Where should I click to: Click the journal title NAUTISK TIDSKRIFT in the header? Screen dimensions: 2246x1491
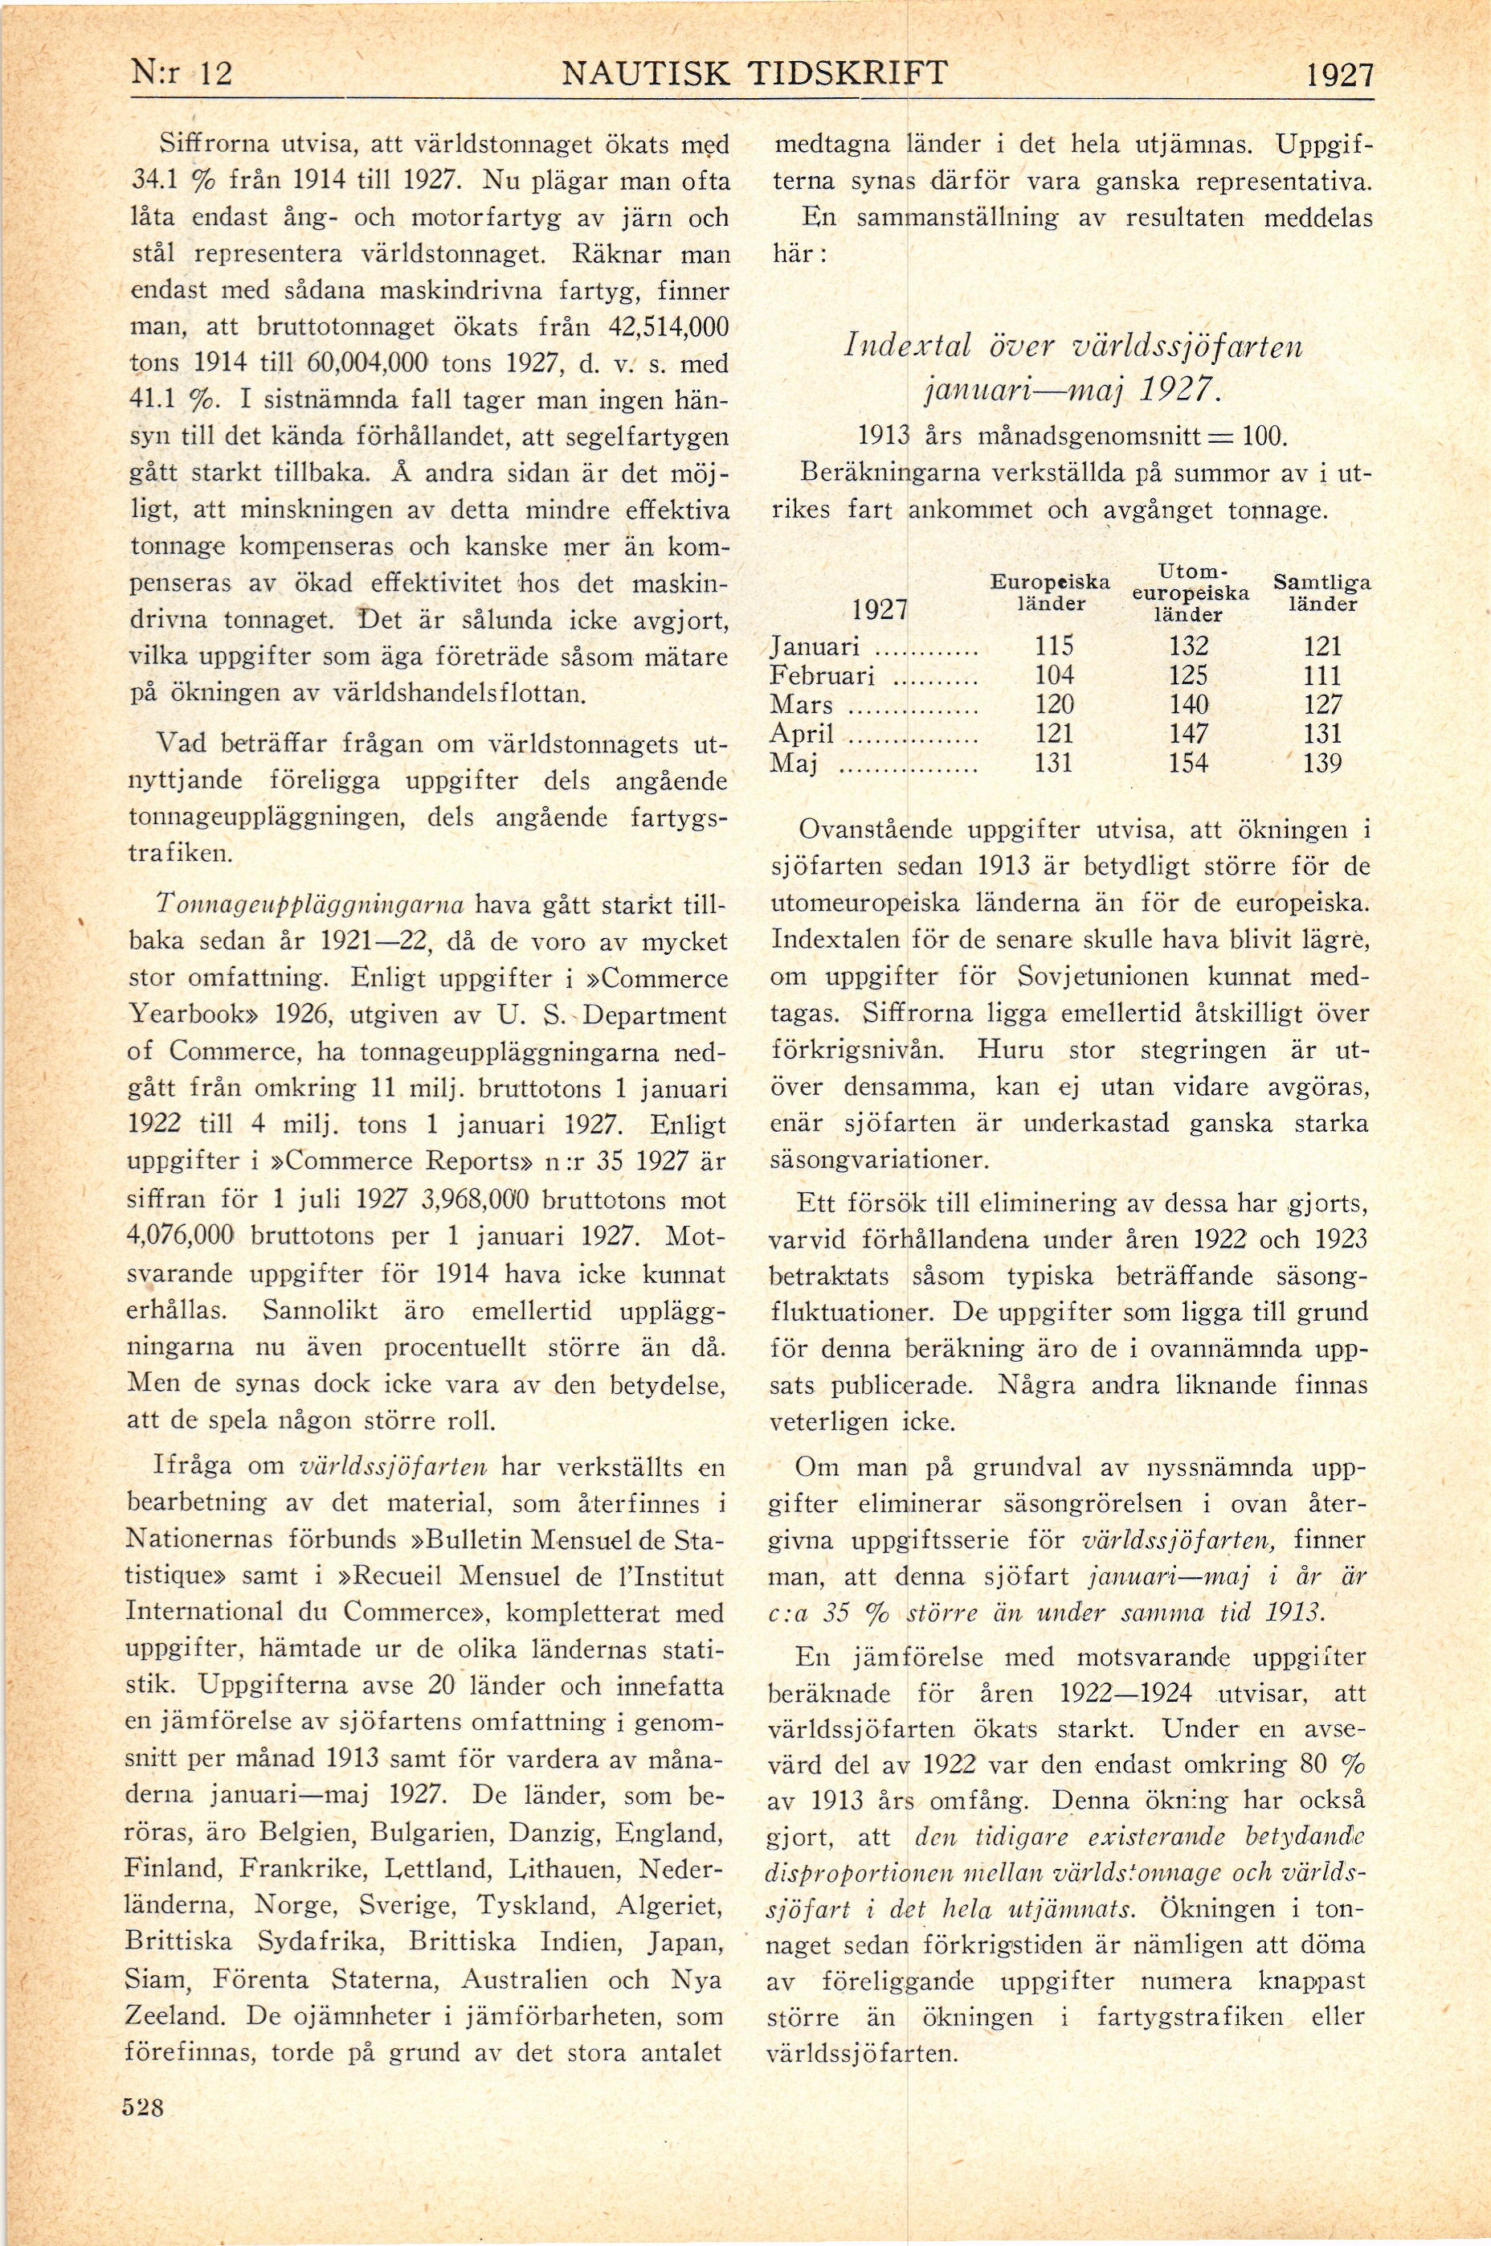pyautogui.click(x=754, y=73)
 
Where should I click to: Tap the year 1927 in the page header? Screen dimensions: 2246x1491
pyautogui.click(x=1339, y=75)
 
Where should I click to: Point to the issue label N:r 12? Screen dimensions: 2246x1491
pyautogui.click(x=181, y=73)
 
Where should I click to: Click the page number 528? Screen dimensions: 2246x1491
pyautogui.click(x=144, y=2107)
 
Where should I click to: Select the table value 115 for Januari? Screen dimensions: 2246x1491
pyautogui.click(x=1054, y=647)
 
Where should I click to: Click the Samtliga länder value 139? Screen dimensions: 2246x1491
pyautogui.click(x=1321, y=763)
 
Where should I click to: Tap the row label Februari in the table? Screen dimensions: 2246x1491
pyautogui.click(x=822, y=676)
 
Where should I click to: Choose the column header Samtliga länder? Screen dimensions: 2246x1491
pyautogui.click(x=1321, y=592)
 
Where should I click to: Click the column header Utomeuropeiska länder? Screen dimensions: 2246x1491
pyautogui.click(x=1190, y=592)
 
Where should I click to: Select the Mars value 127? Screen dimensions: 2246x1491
pyautogui.click(x=1321, y=705)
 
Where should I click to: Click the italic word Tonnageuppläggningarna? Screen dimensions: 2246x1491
pyautogui.click(x=309, y=904)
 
